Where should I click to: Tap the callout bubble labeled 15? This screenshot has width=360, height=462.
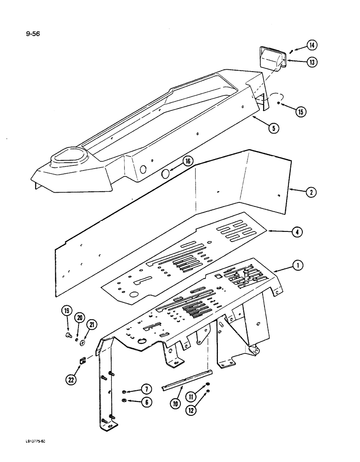tap(302, 111)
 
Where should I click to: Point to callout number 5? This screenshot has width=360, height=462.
tap(274, 129)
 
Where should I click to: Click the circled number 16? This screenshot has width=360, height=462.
tap(187, 161)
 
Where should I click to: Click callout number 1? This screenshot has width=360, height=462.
tap(298, 265)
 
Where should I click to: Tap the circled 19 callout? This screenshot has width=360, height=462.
tap(66, 311)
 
